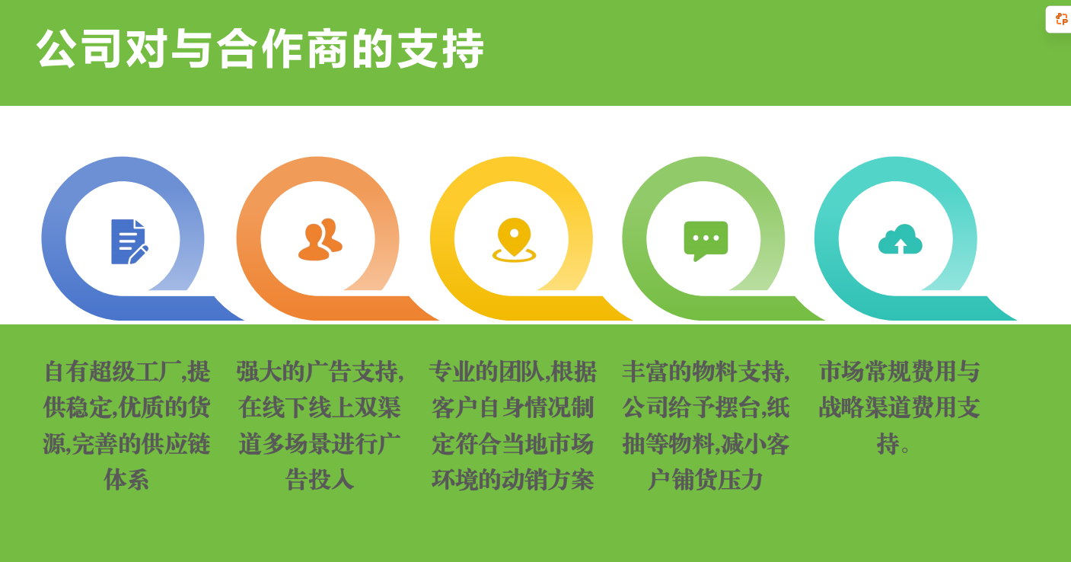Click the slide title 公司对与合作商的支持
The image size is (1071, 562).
pyautogui.click(x=260, y=48)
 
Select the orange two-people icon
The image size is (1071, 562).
pyautogui.click(x=320, y=239)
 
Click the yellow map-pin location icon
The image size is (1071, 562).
pyautogui.click(x=514, y=240)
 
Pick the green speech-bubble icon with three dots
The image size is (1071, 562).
pyautogui.click(x=706, y=241)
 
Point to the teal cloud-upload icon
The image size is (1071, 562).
pyautogui.click(x=900, y=239)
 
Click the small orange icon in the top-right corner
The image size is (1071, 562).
pyautogui.click(x=1061, y=19)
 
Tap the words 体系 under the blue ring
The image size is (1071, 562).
pyautogui.click(x=126, y=480)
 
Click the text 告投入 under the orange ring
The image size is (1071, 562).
pyautogui.click(x=320, y=480)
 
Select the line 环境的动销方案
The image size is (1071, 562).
pyautogui.click(x=512, y=480)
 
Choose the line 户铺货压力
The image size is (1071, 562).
pyautogui.click(x=705, y=480)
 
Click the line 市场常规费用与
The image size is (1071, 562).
pyautogui.click(x=900, y=372)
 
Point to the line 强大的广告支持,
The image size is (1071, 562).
pyautogui.click(x=320, y=372)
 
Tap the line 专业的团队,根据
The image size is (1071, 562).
pyautogui.click(x=512, y=372)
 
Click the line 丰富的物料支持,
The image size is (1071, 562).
pyautogui.click(x=706, y=372)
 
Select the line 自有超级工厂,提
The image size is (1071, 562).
pyautogui.click(x=126, y=372)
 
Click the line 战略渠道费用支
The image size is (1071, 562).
pyautogui.click(x=900, y=407)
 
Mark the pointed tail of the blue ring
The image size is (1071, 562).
pyautogui.click(x=244, y=320)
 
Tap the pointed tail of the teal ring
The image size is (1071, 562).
pyautogui.click(x=1016, y=320)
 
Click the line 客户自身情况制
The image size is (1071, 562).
pyautogui.click(x=512, y=407)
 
